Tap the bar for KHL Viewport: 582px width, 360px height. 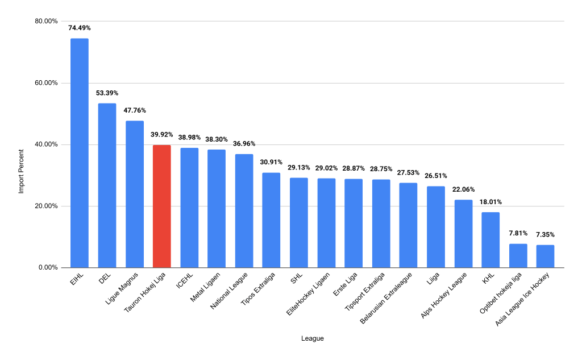490,239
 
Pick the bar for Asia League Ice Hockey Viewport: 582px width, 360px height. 545,256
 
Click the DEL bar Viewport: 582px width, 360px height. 107,185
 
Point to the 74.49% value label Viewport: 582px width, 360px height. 80,27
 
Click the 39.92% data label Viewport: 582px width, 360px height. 162,134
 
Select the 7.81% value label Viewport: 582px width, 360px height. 518,233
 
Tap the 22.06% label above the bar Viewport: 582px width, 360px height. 463,189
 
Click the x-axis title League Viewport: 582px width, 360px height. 313,339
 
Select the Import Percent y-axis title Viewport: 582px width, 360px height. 21,171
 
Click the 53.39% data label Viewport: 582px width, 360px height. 107,93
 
